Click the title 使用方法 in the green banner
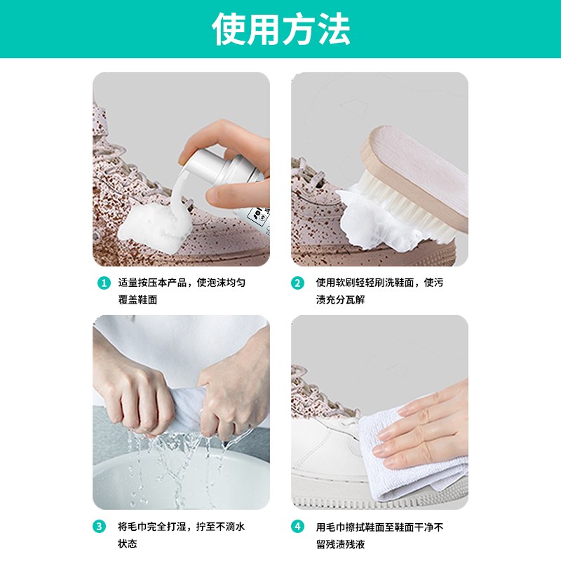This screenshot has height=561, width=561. click(280, 29)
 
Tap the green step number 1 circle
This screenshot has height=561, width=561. click(104, 283)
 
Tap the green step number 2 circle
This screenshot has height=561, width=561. click(298, 283)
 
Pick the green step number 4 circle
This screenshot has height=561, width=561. click(298, 527)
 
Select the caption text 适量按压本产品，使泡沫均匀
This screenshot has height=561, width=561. click(182, 283)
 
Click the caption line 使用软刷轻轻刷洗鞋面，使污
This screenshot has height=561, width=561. click(379, 283)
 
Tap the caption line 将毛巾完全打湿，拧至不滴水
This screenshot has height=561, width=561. click(182, 527)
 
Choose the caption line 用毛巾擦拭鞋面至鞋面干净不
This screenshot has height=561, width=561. click(379, 527)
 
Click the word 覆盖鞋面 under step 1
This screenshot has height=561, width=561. click(137, 300)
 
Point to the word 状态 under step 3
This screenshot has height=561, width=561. click(127, 543)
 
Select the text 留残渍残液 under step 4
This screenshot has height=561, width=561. click(341, 543)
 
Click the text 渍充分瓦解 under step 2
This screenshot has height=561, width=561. click(341, 300)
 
